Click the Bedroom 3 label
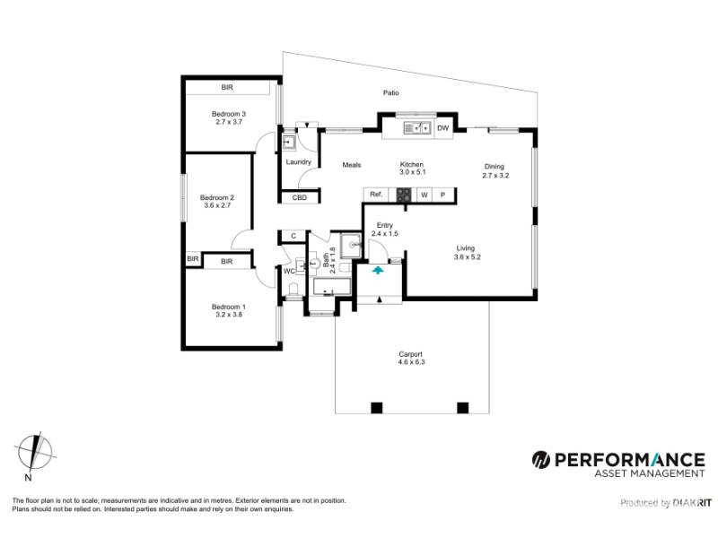tap(229, 114)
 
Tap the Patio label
tap(390, 93)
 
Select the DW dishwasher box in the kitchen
tap(442, 128)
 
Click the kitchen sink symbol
tap(417, 128)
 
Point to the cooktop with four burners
tap(403, 195)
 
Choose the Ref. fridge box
tap(376, 195)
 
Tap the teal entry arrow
tap(377, 270)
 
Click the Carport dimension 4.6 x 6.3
tap(411, 362)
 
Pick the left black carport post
tap(376, 408)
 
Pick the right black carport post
tap(462, 408)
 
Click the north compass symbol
tap(35, 452)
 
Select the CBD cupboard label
tap(300, 197)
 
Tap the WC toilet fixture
tap(294, 289)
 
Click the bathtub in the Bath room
tap(332, 287)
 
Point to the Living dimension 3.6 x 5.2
tap(467, 257)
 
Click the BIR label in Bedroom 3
tap(227, 87)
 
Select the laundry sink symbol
tap(288, 143)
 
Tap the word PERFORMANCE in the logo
tap(630, 460)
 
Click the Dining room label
tap(495, 167)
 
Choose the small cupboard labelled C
tap(293, 236)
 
